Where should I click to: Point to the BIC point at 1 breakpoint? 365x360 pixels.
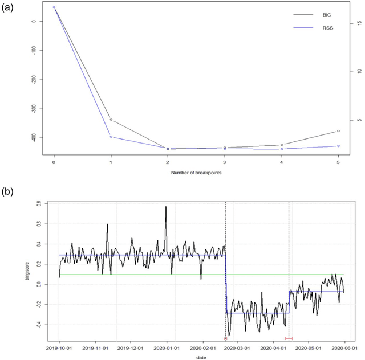pyautogui.click(x=111, y=120)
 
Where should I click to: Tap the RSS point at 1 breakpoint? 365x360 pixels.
pyautogui.click(x=111, y=137)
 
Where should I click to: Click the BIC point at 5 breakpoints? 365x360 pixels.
pyautogui.click(x=338, y=131)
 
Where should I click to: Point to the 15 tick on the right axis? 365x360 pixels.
pyautogui.click(x=358, y=23)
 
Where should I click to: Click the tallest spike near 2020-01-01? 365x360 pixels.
pyautogui.click(x=166, y=207)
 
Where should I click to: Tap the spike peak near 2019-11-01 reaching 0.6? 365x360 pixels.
pyautogui.click(x=107, y=224)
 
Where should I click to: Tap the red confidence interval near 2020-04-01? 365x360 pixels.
pyautogui.click(x=289, y=338)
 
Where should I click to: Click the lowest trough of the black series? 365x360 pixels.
pyautogui.click(x=229, y=335)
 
